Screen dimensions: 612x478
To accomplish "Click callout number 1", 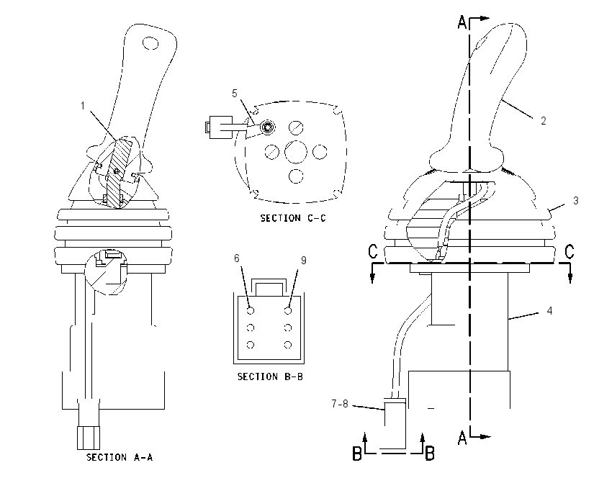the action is point(83,106).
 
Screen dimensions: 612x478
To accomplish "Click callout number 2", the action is point(544,121).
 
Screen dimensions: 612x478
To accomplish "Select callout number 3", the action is point(576,201).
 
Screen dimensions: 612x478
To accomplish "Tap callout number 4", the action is point(549,310).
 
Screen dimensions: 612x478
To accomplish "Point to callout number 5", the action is point(235,94).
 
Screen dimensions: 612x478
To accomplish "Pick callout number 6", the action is point(237,258).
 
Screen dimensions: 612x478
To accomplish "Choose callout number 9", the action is point(304,261).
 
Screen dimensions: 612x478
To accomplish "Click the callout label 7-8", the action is point(340,404).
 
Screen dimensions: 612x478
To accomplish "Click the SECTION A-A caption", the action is point(120,457).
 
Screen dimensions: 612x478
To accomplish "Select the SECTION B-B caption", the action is point(270,376).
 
